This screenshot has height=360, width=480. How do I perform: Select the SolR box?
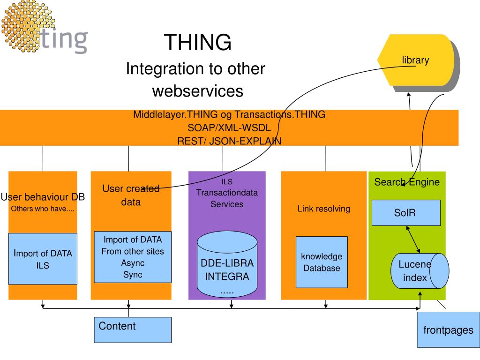(406, 212)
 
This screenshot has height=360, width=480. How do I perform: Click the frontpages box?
(448, 330)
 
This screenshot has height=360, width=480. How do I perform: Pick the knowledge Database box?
(322, 262)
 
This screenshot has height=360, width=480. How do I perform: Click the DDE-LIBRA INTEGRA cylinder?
(227, 266)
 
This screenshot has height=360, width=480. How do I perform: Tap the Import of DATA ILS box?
(43, 259)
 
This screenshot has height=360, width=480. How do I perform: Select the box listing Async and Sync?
(133, 257)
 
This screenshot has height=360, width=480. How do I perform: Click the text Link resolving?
(323, 209)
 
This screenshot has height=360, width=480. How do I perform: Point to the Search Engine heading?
(407, 182)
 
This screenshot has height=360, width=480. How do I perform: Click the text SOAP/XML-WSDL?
(229, 127)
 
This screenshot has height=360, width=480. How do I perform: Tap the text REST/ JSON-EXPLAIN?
(229, 140)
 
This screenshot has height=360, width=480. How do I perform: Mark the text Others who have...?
(43, 209)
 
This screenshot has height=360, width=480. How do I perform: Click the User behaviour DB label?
(43, 197)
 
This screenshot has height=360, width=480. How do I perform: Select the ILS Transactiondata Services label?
(227, 193)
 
